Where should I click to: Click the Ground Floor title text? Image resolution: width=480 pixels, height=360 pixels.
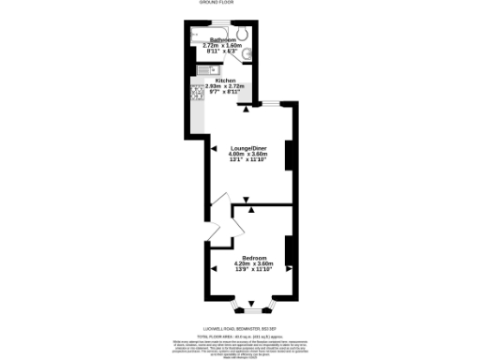pyautogui.click(x=239, y=4)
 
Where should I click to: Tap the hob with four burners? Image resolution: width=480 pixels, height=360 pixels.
pyautogui.click(x=199, y=93)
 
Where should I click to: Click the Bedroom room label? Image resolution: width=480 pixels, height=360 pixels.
pyautogui.click(x=254, y=258)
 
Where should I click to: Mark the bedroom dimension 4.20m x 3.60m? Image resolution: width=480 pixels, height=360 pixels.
pyautogui.click(x=254, y=264)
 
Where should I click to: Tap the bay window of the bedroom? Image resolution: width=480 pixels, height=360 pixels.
pyautogui.click(x=252, y=306)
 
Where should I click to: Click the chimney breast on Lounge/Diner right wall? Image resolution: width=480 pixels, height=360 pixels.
pyautogui.click(x=290, y=154)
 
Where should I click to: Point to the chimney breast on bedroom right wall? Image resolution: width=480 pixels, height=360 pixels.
pyautogui.click(x=290, y=252)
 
